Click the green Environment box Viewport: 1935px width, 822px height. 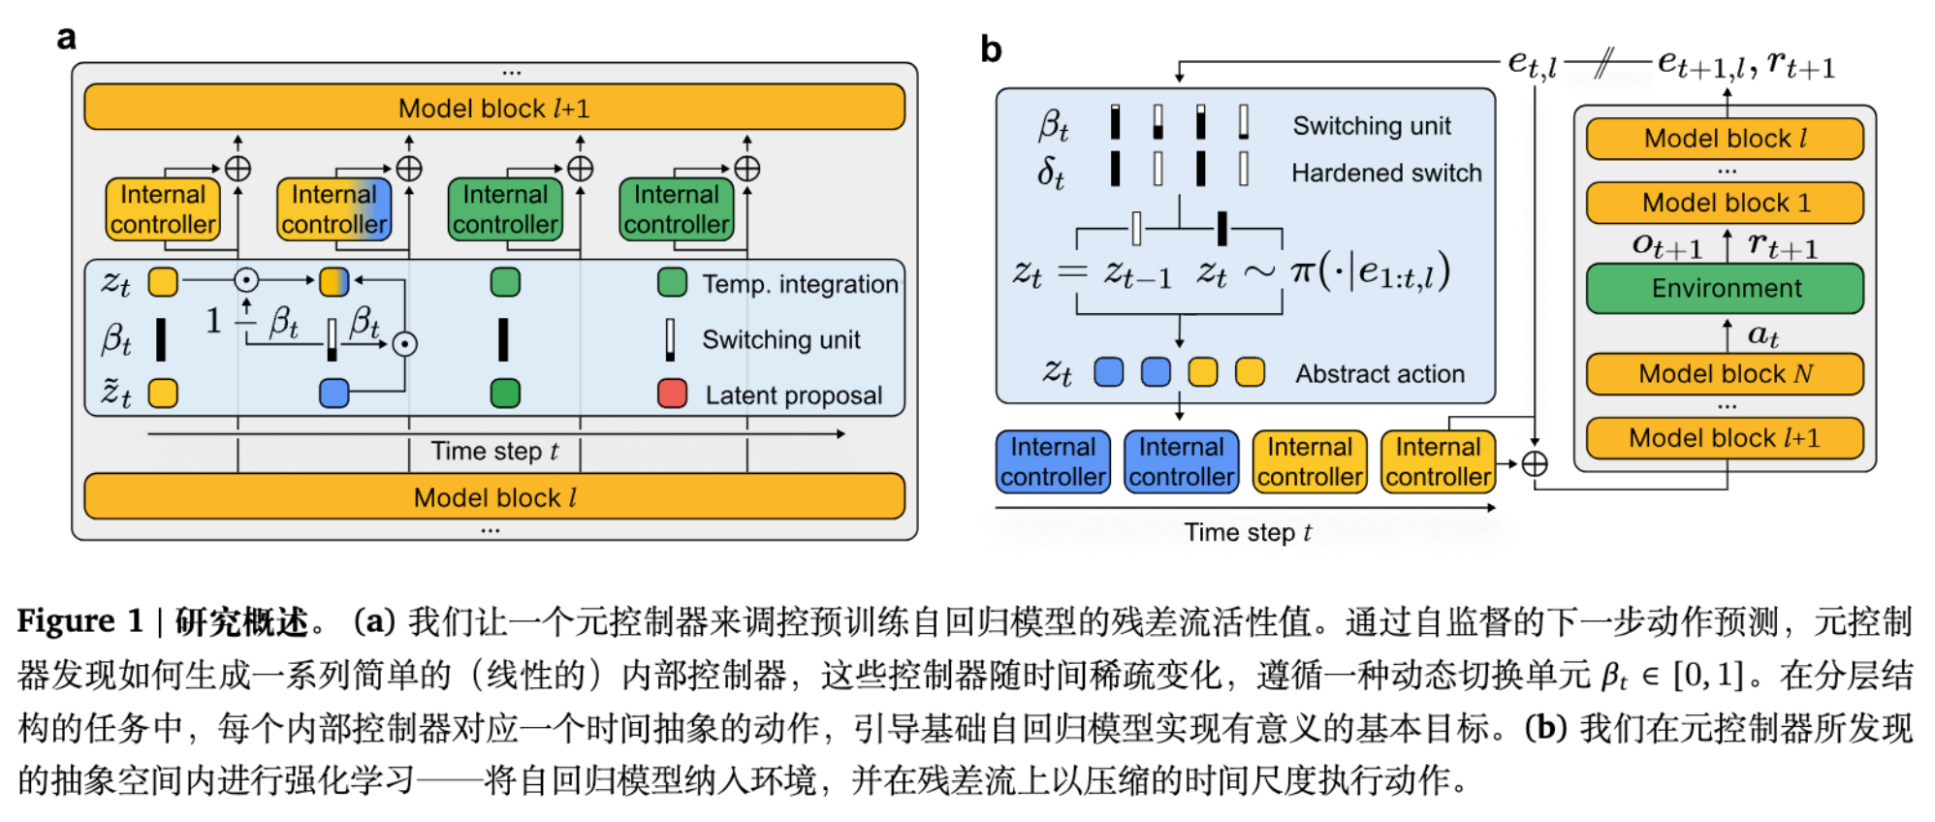(x=1725, y=288)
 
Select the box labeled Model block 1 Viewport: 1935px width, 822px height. (x=1725, y=203)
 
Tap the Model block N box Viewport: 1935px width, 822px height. (x=1725, y=373)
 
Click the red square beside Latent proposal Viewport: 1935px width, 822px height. (x=672, y=394)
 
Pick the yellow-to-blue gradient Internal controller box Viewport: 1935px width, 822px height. (x=334, y=209)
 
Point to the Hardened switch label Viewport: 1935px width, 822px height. (x=1386, y=173)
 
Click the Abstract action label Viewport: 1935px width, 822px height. (x=1380, y=373)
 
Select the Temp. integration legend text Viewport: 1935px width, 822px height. (x=800, y=284)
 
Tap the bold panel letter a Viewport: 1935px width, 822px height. (x=66, y=38)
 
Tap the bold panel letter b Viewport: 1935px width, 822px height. (x=990, y=49)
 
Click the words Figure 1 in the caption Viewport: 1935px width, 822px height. (x=79, y=621)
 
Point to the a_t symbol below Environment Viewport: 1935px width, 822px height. (x=1762, y=335)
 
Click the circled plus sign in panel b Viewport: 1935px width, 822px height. (x=1534, y=464)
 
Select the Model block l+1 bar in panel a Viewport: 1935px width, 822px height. (x=494, y=108)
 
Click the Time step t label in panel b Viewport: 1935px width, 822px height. (x=1247, y=532)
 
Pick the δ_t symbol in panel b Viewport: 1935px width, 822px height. (x=1051, y=173)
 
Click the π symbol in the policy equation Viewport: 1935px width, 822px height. (x=1302, y=272)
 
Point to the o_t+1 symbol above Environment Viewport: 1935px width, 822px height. (x=1665, y=245)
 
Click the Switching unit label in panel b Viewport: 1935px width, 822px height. (x=1371, y=126)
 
